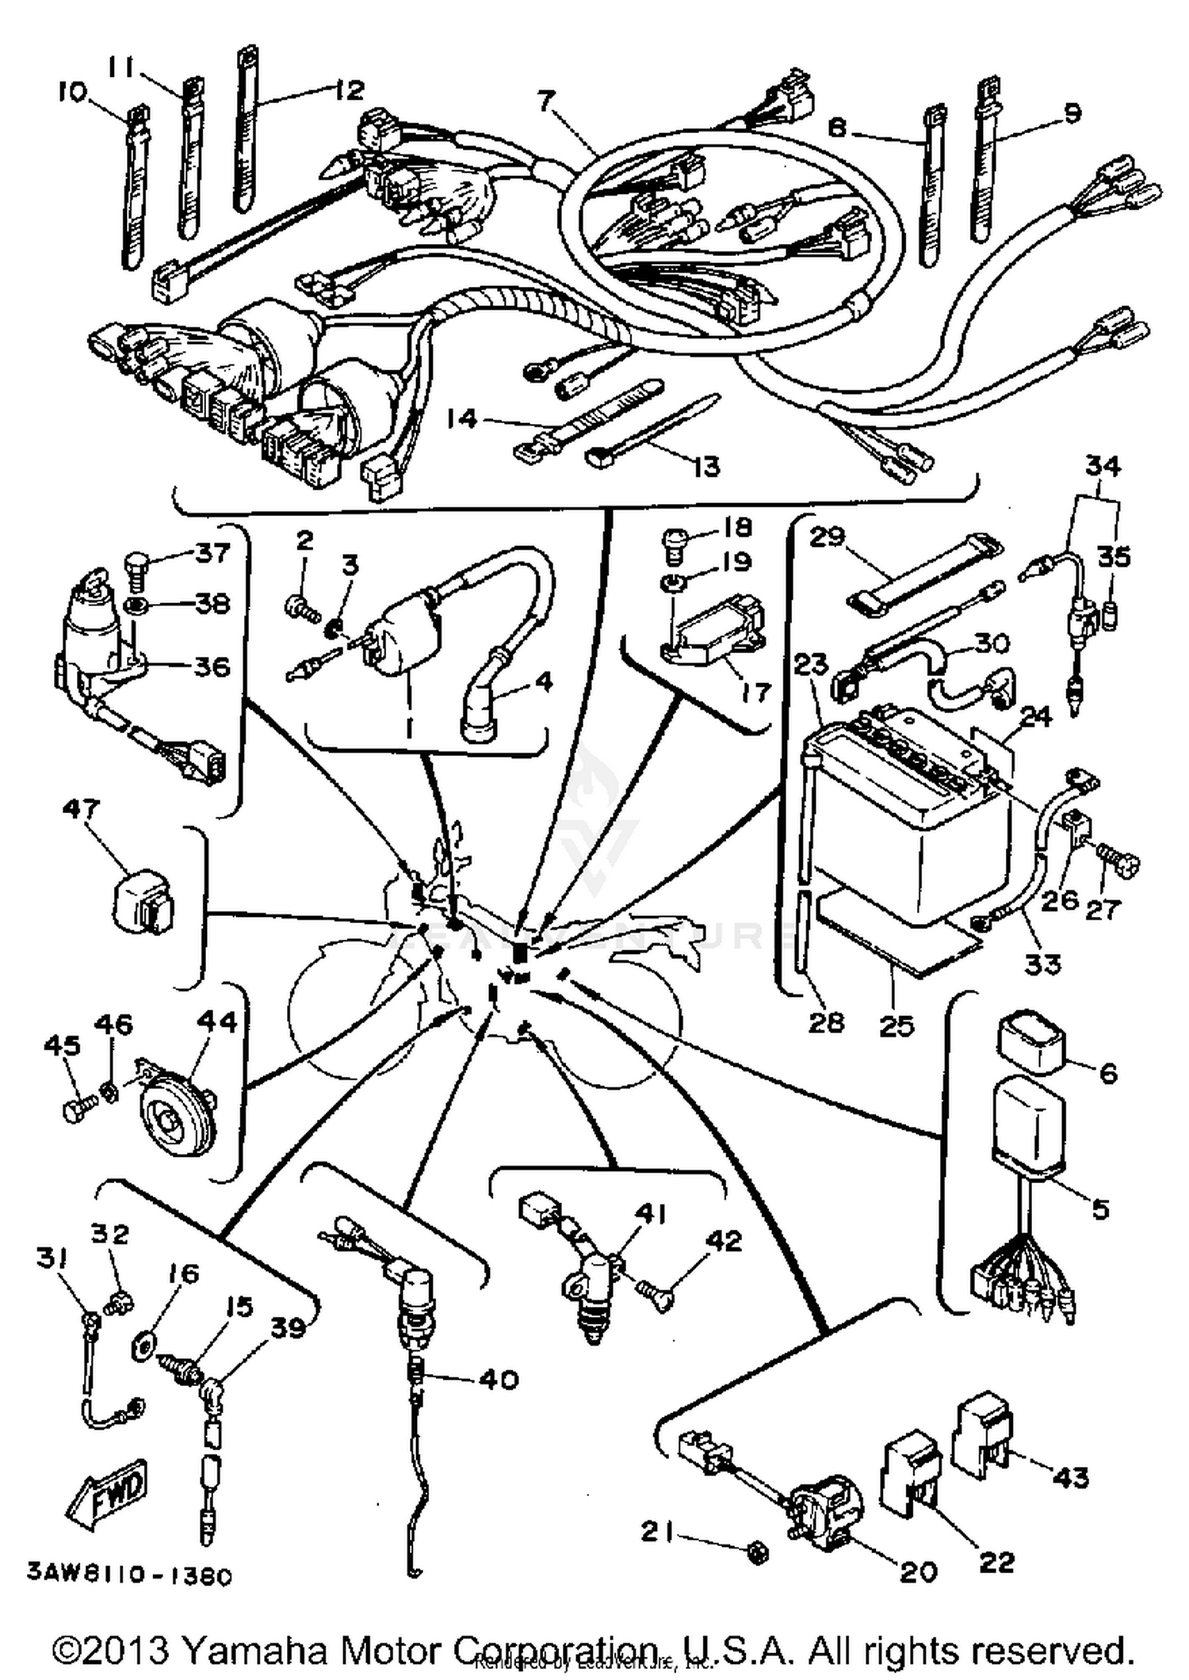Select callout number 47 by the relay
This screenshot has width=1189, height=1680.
(x=81, y=809)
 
